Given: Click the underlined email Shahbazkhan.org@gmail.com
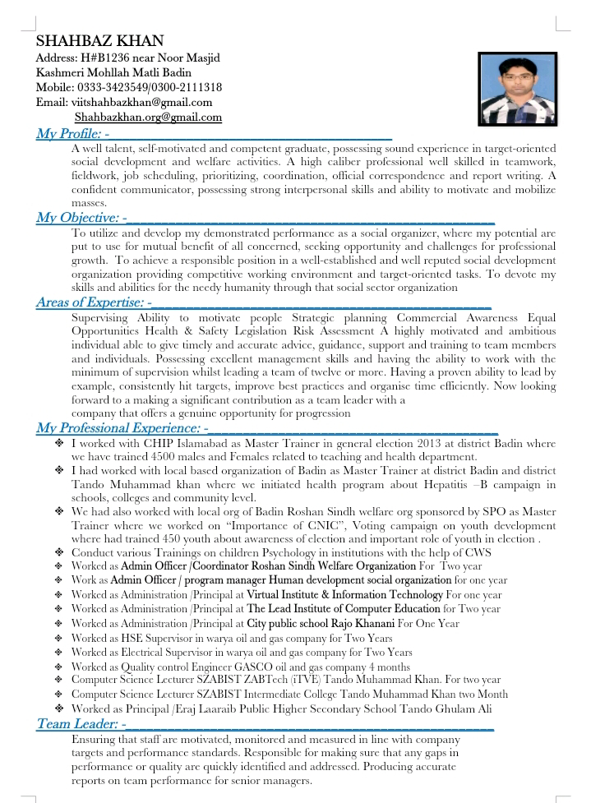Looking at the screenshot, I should click(148, 118).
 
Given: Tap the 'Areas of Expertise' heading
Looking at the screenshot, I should click(90, 303).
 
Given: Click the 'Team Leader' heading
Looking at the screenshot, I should click(77, 725).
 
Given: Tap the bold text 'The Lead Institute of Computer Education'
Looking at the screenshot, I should click(343, 609).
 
